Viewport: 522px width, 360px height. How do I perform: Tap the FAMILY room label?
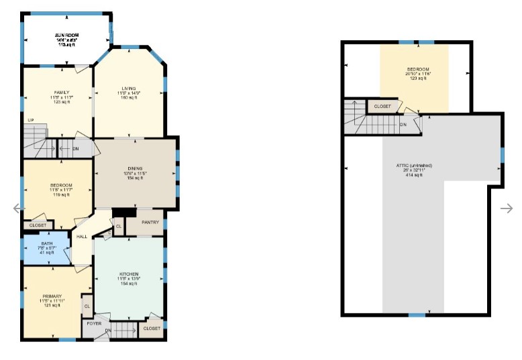point(61,93)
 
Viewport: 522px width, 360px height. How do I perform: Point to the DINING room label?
point(136,168)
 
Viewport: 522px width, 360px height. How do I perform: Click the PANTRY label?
point(150,222)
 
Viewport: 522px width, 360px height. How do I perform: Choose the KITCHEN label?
point(128,274)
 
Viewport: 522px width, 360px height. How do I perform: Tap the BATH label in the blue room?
point(46,243)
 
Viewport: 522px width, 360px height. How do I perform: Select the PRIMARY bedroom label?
point(52,296)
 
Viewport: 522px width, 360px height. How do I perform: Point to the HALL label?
point(82,236)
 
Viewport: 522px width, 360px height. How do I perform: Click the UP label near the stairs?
point(31,121)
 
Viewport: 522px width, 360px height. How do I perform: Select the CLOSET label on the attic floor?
point(382,107)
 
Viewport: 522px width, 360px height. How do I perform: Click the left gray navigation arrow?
point(19,208)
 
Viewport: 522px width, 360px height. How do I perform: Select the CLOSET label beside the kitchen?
point(152,328)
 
